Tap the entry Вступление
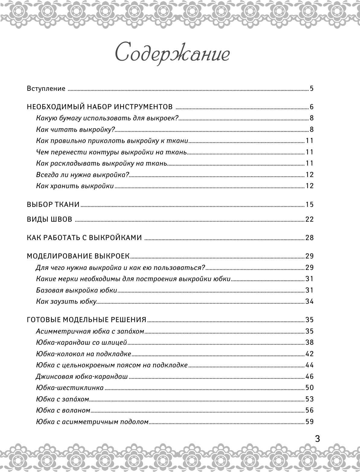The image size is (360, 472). pos(46,89)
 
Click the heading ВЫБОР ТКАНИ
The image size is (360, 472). pos(53,205)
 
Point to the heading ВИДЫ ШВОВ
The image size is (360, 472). pos(49,219)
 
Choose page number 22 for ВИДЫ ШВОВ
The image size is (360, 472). pos(310,219)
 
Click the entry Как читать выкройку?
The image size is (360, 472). pos(75,130)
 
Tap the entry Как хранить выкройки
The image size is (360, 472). pos(75,186)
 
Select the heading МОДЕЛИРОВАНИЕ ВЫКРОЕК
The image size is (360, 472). pos(78,256)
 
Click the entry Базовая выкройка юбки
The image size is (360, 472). pos(76,290)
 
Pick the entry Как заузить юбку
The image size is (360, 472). pos(66,301)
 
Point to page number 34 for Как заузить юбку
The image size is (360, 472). pos(310,301)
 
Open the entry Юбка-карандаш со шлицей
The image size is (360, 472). pos(81,343)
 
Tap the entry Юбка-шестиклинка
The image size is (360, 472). pos(69,388)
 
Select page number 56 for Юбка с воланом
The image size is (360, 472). pos(310,410)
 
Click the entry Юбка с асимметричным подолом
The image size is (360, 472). pos(92,422)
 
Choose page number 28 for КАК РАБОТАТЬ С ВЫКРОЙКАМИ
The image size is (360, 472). pos(310,238)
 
